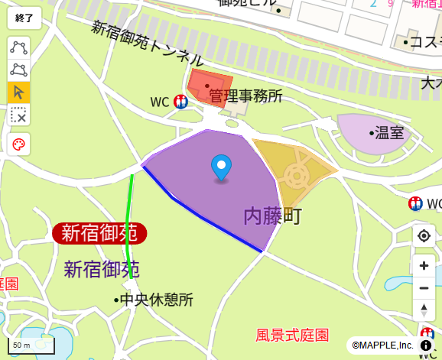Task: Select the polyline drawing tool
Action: click(18, 47)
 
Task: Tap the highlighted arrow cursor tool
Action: click(18, 92)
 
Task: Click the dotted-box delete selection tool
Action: click(18, 115)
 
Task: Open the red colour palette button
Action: click(18, 144)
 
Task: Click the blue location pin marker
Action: click(221, 167)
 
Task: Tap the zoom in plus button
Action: click(424, 266)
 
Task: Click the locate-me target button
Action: click(424, 236)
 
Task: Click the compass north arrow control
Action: click(424, 310)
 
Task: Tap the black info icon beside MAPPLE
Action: click(426, 345)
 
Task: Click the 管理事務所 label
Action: click(245, 96)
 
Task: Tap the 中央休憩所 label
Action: click(157, 300)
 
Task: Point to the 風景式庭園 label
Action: click(292, 335)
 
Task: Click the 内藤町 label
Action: click(272, 216)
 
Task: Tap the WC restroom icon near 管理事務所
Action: click(181, 101)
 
